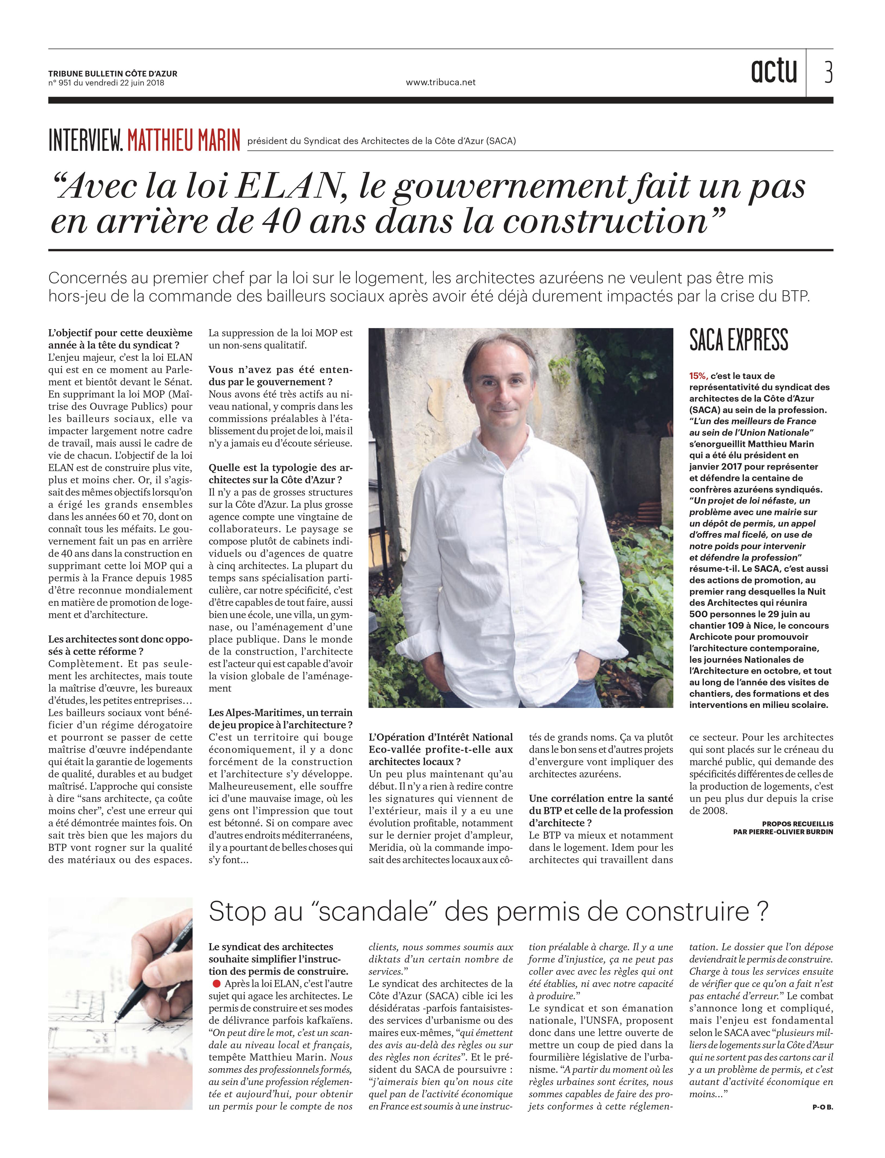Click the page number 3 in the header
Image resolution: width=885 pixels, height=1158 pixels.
pos(828,73)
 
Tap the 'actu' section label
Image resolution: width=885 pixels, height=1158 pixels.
pos(774,72)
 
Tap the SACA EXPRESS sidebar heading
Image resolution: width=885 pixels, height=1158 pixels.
pos(738,340)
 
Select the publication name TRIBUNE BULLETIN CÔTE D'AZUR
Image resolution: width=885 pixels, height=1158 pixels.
pos(113,74)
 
